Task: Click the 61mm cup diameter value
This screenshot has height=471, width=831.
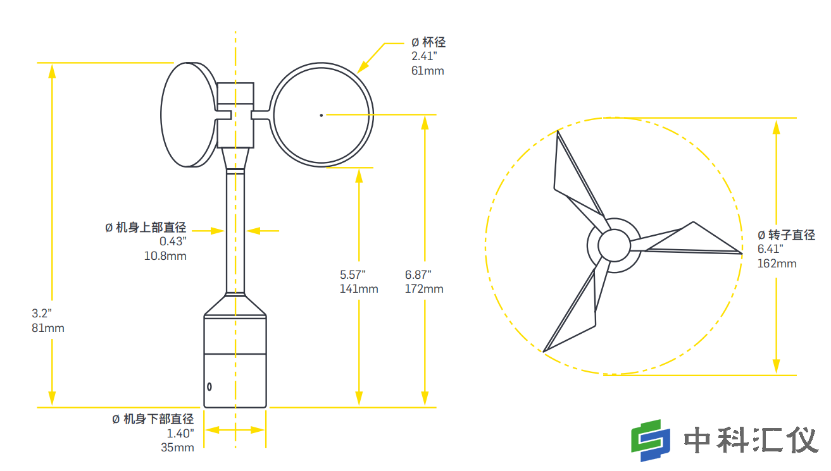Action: click(x=428, y=70)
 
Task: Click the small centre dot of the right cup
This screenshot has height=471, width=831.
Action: click(x=322, y=114)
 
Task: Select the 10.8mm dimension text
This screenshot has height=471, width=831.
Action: click(x=166, y=256)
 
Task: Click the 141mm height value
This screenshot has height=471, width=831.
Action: click(x=359, y=289)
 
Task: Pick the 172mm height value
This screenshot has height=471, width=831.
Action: click(x=424, y=289)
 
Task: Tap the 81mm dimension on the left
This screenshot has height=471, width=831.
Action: click(x=48, y=328)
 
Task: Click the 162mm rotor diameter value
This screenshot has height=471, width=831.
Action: click(x=777, y=263)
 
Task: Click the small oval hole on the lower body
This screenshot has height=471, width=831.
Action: click(x=209, y=386)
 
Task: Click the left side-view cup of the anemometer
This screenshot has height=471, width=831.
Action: click(x=188, y=114)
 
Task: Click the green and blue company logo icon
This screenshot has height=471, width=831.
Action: click(x=650, y=440)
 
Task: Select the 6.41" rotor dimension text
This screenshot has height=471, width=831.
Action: click(x=770, y=249)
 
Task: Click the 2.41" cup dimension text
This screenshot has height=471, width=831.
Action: click(x=424, y=56)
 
